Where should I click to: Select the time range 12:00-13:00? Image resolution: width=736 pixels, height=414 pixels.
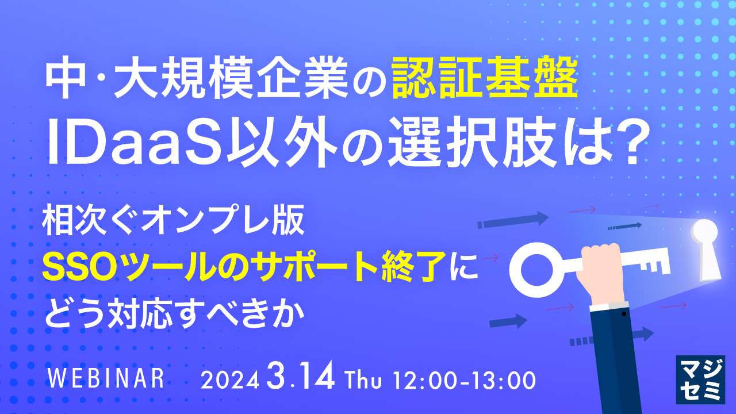(x=465, y=380)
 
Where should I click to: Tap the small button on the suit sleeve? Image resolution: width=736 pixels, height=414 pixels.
(x=624, y=315)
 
